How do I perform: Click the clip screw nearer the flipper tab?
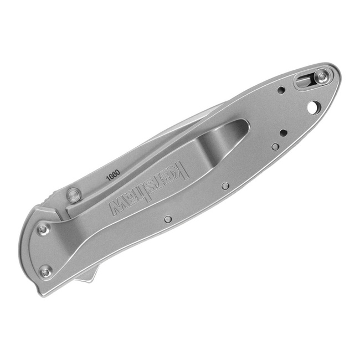click(x=45, y=271)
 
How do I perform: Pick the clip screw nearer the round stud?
click(x=43, y=229)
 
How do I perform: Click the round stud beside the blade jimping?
click(x=73, y=194)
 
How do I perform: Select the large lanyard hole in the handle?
click(x=313, y=106)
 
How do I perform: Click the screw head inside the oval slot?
click(x=321, y=78)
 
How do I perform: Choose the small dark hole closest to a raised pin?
click(x=284, y=132)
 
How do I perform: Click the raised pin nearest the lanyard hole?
click(x=275, y=147)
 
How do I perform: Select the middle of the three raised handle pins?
click(x=225, y=186)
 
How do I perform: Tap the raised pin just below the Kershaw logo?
click(x=168, y=219)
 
